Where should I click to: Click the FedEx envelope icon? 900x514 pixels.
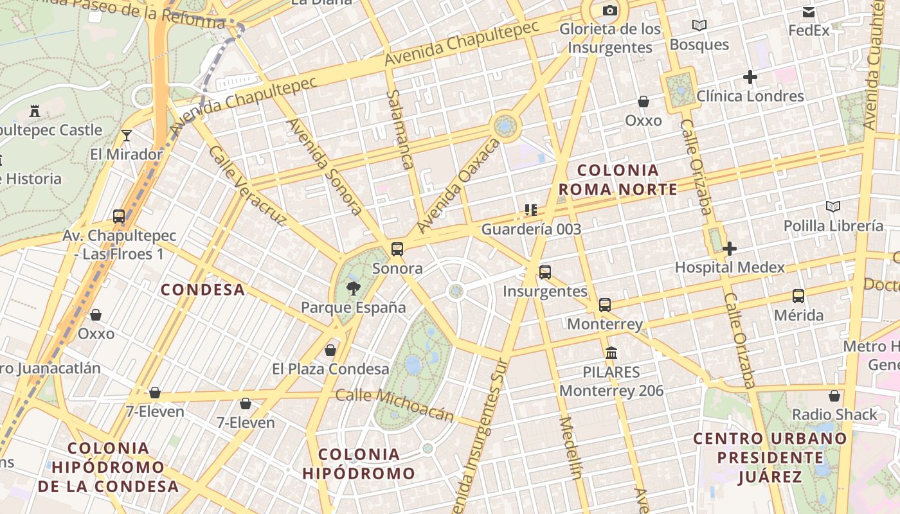point(809,12)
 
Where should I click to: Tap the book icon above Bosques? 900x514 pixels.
point(699,26)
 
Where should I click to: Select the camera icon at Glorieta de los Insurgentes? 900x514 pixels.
point(609,10)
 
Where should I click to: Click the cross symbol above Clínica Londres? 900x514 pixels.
point(750,78)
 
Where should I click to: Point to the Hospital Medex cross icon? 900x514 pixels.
point(729,249)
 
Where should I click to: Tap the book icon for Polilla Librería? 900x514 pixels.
point(833,207)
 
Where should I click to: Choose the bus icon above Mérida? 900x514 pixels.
point(798,296)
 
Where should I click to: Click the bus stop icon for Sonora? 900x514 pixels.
point(397,249)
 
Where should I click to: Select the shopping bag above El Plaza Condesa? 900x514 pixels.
point(330,350)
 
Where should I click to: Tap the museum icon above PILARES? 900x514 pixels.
point(611,353)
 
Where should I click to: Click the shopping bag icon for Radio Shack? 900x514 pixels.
point(834,396)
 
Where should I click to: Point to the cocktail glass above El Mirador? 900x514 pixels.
point(127,135)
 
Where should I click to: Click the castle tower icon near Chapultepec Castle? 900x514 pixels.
point(35,111)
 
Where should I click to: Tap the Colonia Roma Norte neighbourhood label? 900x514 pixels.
point(618,180)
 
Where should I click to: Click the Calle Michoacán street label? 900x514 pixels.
point(395,404)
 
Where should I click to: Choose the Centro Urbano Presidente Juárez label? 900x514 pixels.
point(770,457)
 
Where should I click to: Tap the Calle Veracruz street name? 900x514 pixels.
point(247,186)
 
